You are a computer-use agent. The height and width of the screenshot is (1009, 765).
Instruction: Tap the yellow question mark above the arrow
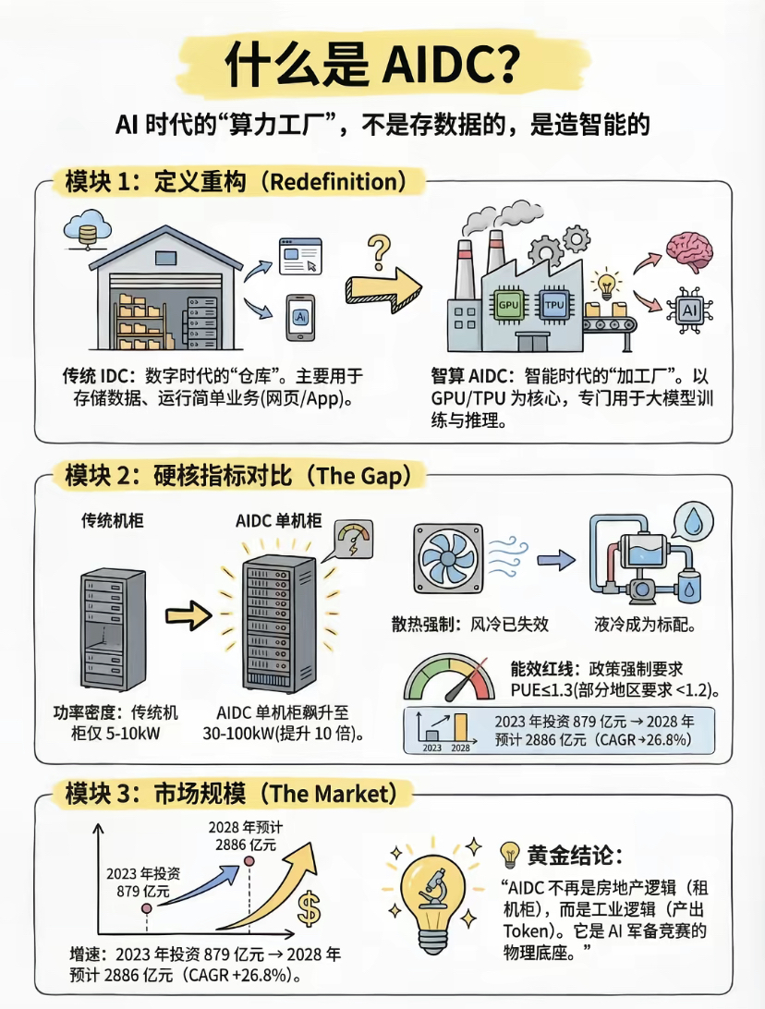[379, 251]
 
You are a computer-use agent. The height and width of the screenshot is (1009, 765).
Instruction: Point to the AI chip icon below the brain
[688, 310]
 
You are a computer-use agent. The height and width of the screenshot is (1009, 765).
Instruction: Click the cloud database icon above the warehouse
[85, 226]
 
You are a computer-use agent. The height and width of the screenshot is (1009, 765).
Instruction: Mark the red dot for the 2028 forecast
[248, 862]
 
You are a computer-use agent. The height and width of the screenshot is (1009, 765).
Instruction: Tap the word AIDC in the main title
[450, 67]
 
